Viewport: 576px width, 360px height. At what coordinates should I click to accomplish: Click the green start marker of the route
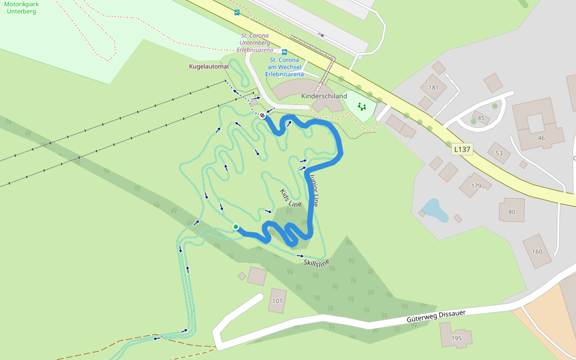236,227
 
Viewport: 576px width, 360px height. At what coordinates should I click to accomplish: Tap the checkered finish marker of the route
262,115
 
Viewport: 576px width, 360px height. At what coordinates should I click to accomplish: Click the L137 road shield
462,149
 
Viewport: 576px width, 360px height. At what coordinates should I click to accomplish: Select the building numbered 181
434,88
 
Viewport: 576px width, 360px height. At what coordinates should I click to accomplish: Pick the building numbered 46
541,138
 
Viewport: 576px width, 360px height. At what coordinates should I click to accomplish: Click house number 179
476,186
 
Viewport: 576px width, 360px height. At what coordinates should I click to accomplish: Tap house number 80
511,211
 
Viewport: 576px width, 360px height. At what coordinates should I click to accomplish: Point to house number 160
536,251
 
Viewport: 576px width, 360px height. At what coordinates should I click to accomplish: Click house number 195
456,338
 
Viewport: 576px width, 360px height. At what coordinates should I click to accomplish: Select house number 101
277,301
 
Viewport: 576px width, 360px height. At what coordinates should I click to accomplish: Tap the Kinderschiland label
324,96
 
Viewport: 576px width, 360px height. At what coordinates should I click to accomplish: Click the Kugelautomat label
209,67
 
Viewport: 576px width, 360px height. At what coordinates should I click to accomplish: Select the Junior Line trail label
314,190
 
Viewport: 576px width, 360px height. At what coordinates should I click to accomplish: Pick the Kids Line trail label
291,197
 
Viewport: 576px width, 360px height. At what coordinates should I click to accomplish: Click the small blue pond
434,209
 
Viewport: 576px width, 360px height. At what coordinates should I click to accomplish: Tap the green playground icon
362,106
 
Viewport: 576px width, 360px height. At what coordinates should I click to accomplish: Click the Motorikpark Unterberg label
21,7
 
